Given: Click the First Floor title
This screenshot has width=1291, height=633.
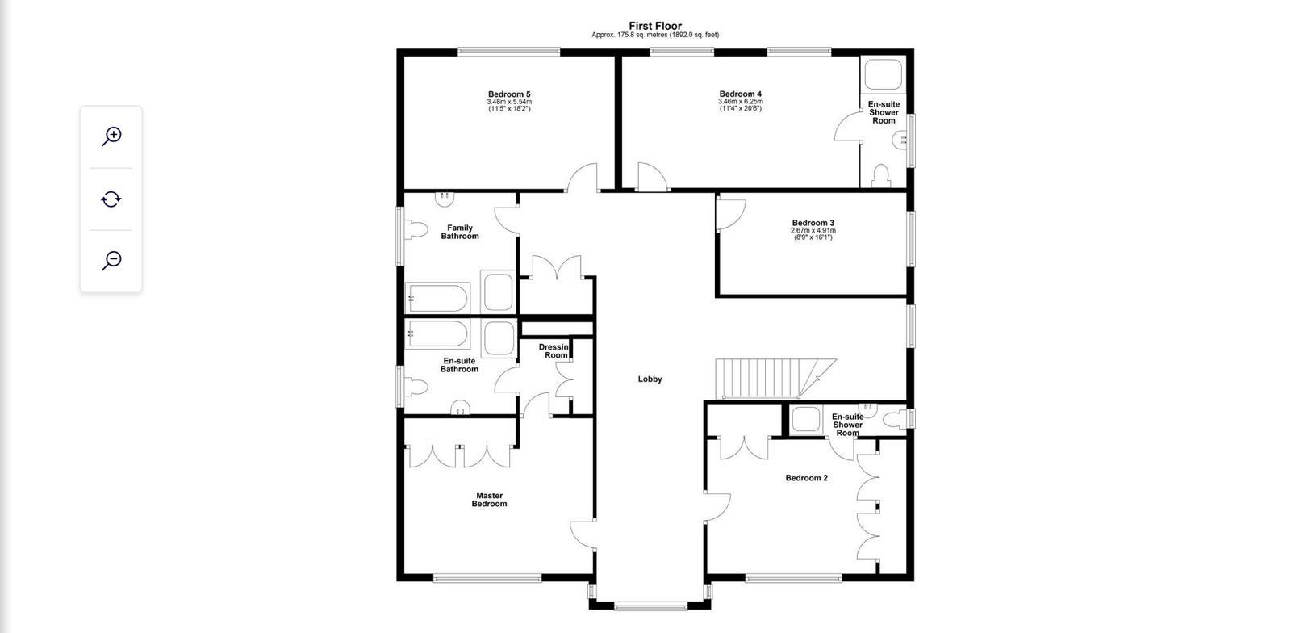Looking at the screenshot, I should [655, 26].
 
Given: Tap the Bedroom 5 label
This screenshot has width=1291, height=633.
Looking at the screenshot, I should [509, 94].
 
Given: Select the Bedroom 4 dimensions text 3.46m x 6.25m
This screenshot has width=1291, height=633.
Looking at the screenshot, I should [740, 102].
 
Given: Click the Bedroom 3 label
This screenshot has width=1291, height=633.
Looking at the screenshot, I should [813, 223].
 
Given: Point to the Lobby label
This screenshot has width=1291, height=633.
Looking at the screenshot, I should [650, 379].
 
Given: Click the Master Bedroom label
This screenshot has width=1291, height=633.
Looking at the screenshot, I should [489, 500].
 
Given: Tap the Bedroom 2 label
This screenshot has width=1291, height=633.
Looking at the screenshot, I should [806, 478].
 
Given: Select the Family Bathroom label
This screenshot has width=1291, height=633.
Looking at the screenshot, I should [459, 232].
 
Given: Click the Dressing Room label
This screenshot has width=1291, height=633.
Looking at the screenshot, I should [555, 351].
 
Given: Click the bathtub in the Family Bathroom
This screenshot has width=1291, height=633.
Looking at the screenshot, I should [437, 298].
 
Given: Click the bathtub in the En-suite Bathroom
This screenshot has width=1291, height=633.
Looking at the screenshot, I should [437, 333].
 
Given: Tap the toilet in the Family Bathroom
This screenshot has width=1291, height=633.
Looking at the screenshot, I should [415, 231].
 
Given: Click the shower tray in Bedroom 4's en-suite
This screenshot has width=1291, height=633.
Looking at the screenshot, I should [883, 75].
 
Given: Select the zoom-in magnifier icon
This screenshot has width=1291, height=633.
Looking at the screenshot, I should [111, 136].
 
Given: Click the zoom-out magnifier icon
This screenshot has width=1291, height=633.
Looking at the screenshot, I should [111, 261].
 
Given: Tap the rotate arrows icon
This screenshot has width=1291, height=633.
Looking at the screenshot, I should [111, 199].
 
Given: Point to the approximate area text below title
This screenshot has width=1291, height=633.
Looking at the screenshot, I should [655, 35].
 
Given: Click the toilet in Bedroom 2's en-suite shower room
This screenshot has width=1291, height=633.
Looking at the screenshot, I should [894, 419].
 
